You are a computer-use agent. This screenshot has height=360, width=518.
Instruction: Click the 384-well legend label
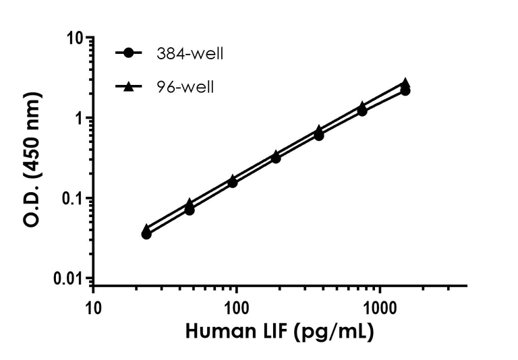click(x=189, y=53)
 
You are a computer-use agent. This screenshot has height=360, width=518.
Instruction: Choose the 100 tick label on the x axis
click(x=237, y=307)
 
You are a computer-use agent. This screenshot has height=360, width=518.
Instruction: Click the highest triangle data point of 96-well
click(x=405, y=82)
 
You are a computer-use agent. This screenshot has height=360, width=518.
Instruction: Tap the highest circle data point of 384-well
click(x=405, y=90)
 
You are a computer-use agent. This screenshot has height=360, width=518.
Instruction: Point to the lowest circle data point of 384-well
click(x=146, y=234)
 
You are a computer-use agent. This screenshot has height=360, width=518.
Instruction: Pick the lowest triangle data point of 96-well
click(x=146, y=229)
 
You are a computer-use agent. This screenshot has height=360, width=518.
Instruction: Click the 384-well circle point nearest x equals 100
click(x=233, y=183)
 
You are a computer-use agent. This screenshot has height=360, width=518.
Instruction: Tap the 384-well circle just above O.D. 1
click(x=362, y=111)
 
